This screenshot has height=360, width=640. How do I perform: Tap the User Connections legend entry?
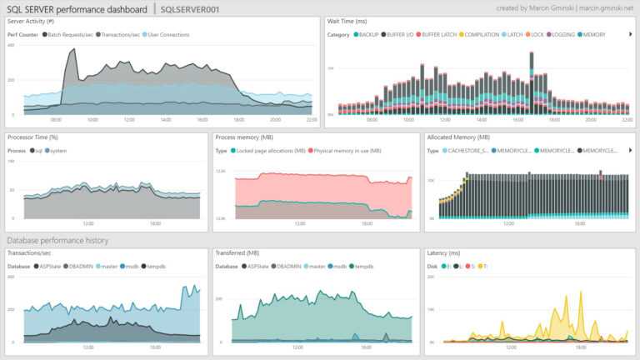click(x=167, y=35)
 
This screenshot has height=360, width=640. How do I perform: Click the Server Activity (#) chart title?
click(x=31, y=20)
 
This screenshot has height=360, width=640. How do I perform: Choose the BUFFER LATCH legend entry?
click(x=438, y=35)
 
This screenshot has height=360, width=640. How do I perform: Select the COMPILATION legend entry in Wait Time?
click(x=481, y=35)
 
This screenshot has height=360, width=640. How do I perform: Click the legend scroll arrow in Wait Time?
click(x=629, y=35)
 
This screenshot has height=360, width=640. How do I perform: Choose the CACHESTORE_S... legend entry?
click(x=468, y=151)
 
